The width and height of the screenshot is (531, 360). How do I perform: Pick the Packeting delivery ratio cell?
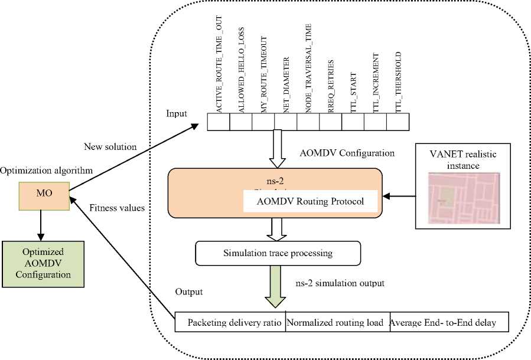click(x=232, y=322)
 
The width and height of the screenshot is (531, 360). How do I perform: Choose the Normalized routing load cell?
click(x=337, y=322)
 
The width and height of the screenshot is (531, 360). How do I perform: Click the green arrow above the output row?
click(x=273, y=286)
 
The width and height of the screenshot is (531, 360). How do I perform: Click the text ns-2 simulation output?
click(x=340, y=283)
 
